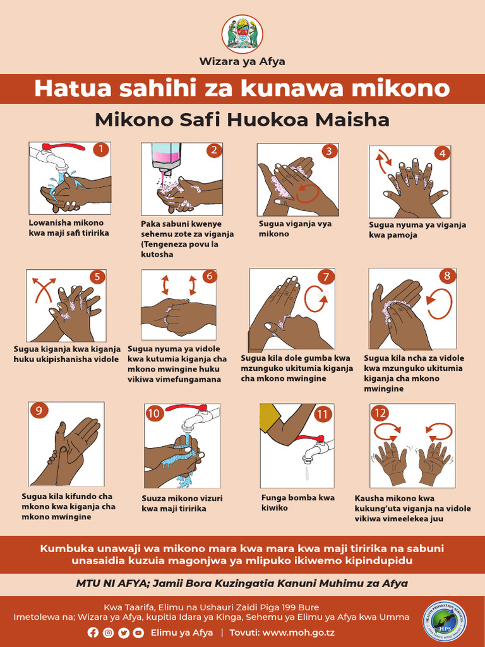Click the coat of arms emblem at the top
(x=242, y=33)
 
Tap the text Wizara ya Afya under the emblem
(x=242, y=61)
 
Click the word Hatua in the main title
(x=69, y=88)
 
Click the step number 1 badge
(x=100, y=150)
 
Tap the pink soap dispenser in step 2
(x=166, y=155)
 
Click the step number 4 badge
(x=443, y=153)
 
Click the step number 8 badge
(x=447, y=275)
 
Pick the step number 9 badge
(x=39, y=411)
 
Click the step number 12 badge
(x=380, y=414)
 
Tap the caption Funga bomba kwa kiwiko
(x=298, y=502)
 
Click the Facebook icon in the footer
(x=93, y=632)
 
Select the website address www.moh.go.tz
(x=299, y=632)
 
